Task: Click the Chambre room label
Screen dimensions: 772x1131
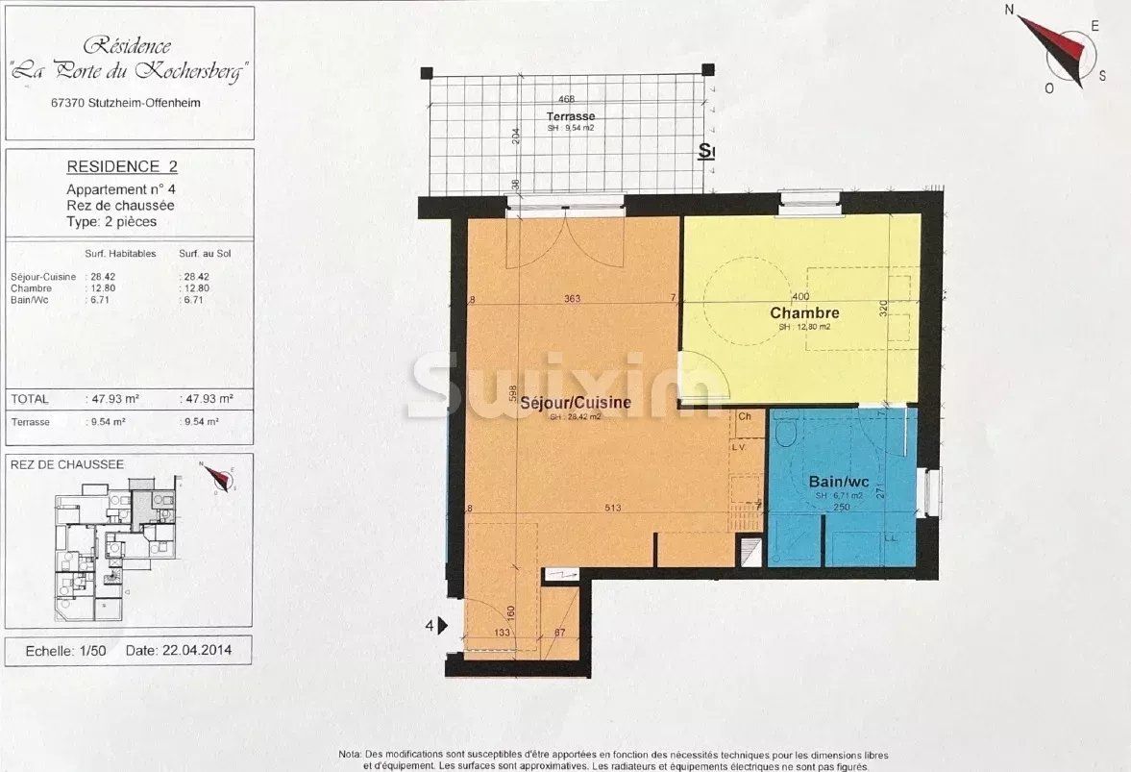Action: pyautogui.click(x=804, y=313)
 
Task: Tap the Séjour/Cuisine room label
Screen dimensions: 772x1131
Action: pyautogui.click(x=576, y=403)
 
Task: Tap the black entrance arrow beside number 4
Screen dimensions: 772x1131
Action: pyautogui.click(x=442, y=626)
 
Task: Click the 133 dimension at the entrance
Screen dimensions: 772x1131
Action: pyautogui.click(x=502, y=633)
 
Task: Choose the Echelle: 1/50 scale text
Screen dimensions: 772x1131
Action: pyautogui.click(x=65, y=650)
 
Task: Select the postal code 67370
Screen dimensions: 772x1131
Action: pyautogui.click(x=69, y=103)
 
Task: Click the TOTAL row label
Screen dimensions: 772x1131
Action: pyautogui.click(x=29, y=398)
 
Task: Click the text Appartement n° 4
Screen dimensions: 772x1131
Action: pyautogui.click(x=121, y=189)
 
